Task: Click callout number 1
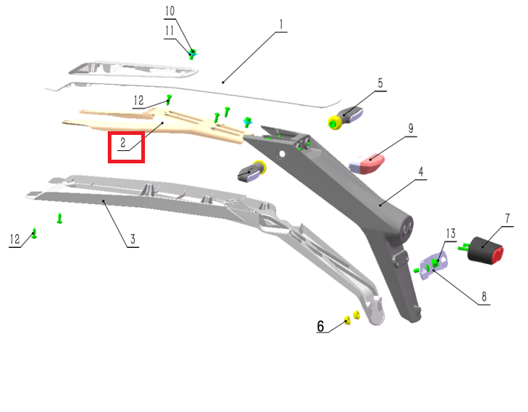pos(281,25)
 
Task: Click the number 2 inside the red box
pos(123,143)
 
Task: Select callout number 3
pos(133,239)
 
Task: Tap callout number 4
pos(421,171)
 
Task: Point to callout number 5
pos(380,83)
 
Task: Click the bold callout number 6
pos(320,326)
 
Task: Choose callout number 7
pos(508,219)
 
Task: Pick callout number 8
pos(484,297)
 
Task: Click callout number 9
pos(411,128)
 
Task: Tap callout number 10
pos(170,11)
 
